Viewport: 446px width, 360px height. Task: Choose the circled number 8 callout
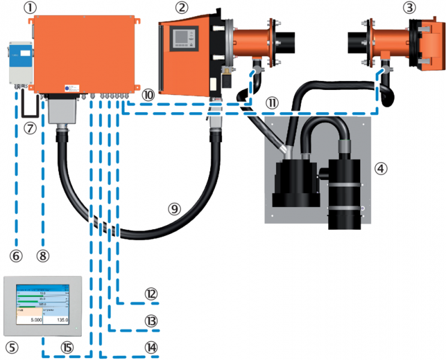click(x=41, y=255)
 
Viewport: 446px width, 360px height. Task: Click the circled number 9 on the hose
click(x=174, y=209)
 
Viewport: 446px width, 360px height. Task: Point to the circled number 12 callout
click(x=151, y=293)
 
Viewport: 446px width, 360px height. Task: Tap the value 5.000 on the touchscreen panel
click(x=31, y=322)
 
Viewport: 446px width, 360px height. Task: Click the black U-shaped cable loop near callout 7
click(x=27, y=107)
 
